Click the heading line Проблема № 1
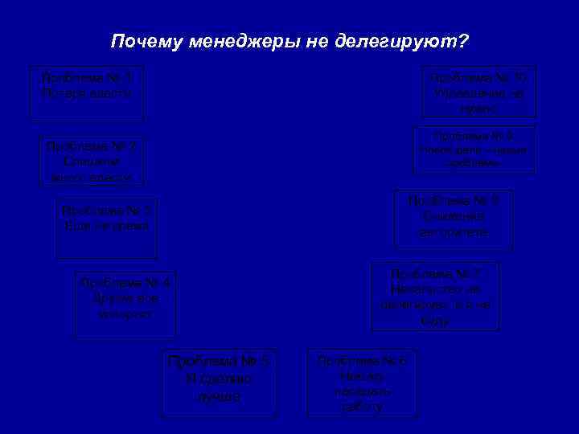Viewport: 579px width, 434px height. [87, 78]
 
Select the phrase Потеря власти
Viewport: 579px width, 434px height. [87, 93]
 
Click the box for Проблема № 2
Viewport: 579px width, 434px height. [92, 162]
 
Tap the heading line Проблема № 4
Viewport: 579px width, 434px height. [125, 283]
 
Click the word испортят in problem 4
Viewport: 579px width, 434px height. [125, 313]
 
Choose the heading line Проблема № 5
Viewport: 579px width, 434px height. [218, 361]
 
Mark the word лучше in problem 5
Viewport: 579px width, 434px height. [218, 396]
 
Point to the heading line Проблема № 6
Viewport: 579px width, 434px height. [362, 361]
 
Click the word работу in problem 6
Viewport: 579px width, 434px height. [362, 407]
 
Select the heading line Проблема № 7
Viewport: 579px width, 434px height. [435, 273]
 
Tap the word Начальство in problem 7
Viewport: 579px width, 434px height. [435, 289]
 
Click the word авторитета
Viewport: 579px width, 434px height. [454, 232]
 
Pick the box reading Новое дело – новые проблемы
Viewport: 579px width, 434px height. [473, 149]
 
